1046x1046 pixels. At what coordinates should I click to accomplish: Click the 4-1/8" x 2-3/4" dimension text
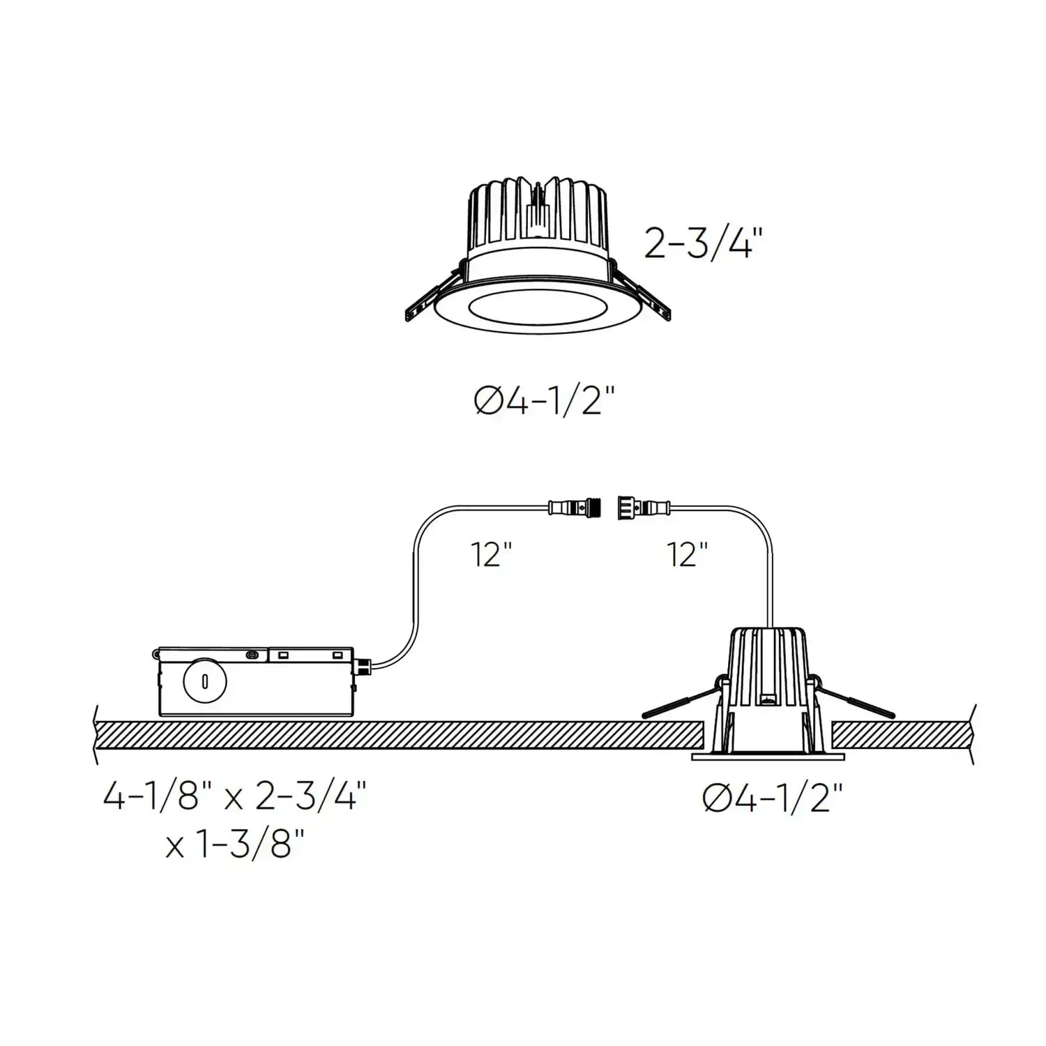click(x=234, y=796)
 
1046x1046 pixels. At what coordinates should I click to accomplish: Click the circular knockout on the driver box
click(x=204, y=681)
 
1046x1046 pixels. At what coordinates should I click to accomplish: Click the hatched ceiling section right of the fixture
click(x=900, y=735)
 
